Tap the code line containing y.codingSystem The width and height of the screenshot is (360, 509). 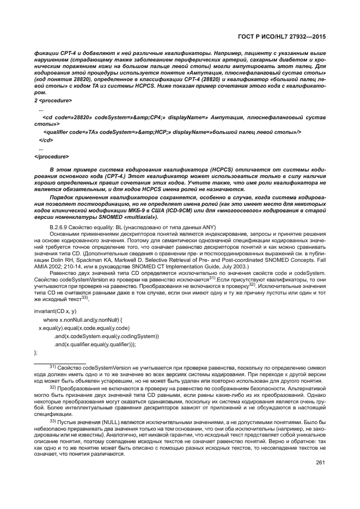106,336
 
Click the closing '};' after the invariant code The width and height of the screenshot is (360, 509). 36,353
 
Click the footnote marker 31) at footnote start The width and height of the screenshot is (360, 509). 53,367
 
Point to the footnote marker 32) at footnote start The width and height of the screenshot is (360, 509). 53,388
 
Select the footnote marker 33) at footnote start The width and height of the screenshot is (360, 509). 53,421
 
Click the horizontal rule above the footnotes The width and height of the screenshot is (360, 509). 60,362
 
